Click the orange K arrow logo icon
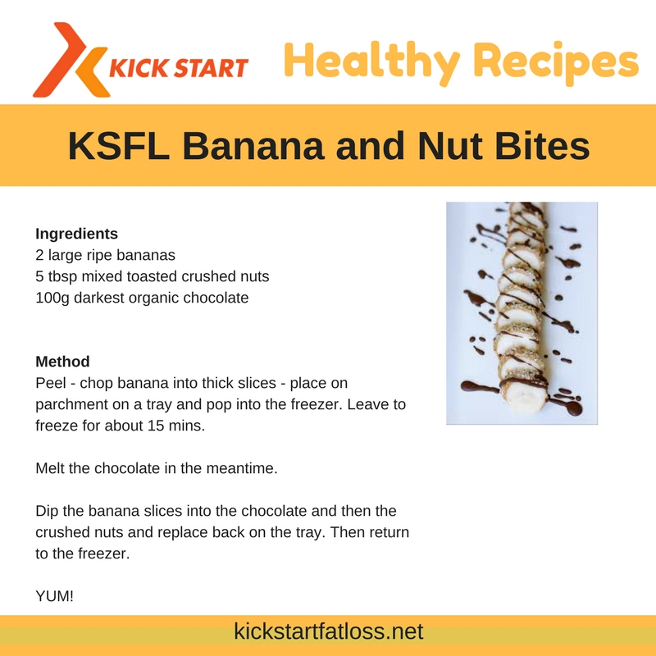(71, 60)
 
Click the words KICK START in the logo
(179, 68)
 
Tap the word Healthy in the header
(372, 62)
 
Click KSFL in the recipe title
(119, 146)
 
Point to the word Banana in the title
(253, 146)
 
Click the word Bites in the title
(542, 146)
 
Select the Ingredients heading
(76, 234)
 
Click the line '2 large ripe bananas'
(106, 255)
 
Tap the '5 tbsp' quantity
(57, 276)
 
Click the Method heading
(63, 362)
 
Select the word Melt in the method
(50, 468)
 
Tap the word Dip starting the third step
(46, 511)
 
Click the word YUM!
(55, 596)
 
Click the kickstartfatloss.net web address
(329, 631)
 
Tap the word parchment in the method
(67, 404)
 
